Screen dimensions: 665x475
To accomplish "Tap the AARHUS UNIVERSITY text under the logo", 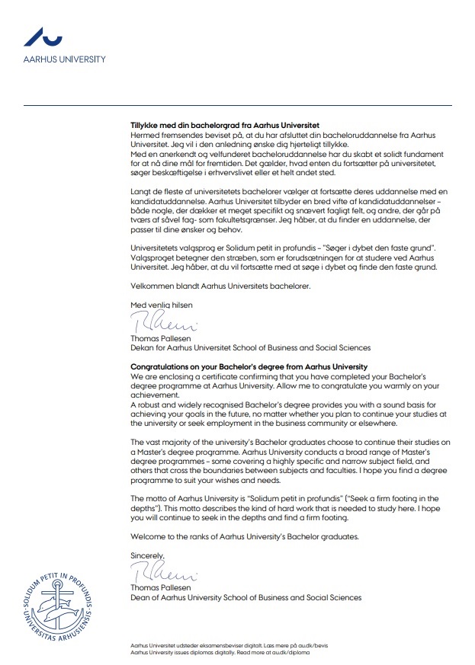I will pos(64,59).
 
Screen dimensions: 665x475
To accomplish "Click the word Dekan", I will pos(143,347).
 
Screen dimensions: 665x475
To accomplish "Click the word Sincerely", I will pos(147,555).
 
